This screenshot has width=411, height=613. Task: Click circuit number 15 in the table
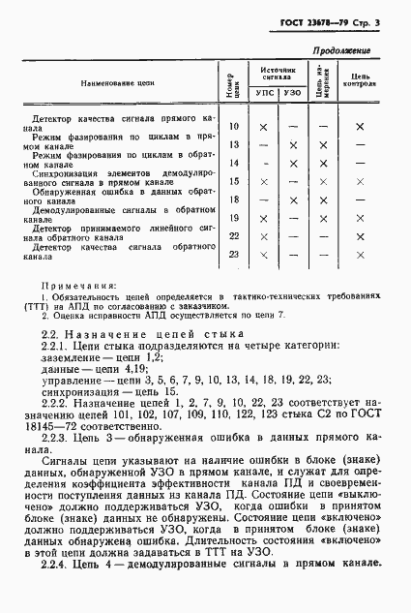[234, 181]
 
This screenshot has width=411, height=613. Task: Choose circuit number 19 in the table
[234, 218]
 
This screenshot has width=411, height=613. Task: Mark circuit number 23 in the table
[234, 255]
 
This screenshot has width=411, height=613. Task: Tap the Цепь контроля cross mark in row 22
[359, 236]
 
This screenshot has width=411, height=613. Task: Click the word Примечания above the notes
[80, 287]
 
